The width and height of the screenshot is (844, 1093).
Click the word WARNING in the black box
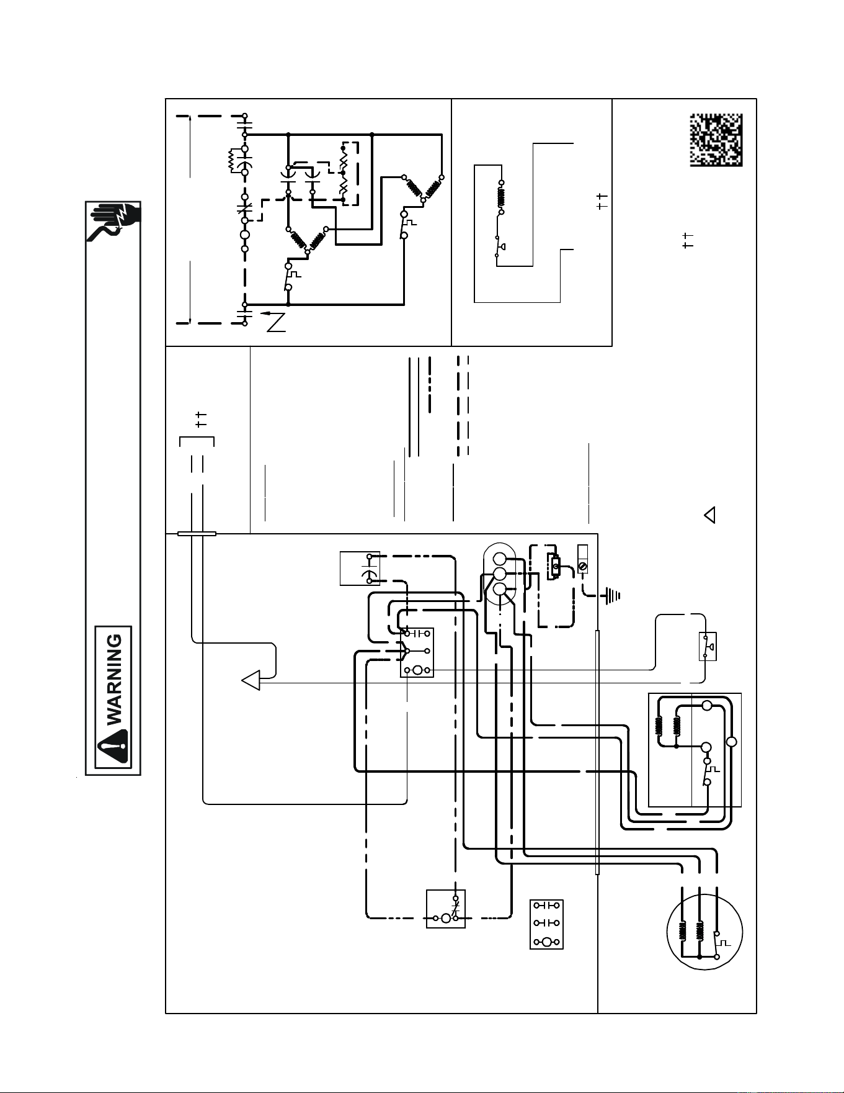tap(115, 680)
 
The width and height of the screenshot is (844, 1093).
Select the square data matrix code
tap(716, 140)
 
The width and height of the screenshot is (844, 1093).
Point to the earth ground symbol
tap(611, 596)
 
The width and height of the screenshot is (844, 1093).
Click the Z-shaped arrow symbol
tap(274, 322)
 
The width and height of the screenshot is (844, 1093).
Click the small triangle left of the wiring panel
tap(709, 515)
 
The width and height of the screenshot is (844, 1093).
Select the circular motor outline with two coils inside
tap(704, 932)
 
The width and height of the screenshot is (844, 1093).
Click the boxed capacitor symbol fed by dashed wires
tap(360, 568)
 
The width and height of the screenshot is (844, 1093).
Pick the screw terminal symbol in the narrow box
tap(582, 559)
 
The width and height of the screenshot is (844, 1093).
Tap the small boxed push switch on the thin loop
tap(708, 646)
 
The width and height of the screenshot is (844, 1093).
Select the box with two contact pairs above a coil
tap(546, 924)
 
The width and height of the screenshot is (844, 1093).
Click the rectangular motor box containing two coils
tap(695, 750)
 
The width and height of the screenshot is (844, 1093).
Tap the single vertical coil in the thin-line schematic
tap(501, 196)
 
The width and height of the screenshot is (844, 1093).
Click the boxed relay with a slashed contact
tap(446, 909)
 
